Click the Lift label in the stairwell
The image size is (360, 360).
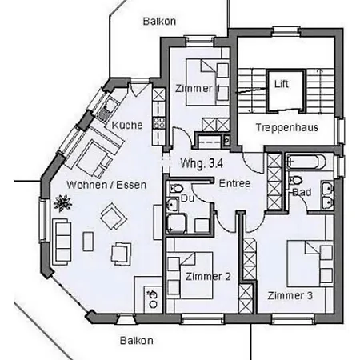(282, 84)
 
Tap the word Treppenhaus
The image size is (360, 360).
(287, 127)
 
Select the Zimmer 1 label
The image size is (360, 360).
(198, 89)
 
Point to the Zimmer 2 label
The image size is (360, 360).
(208, 277)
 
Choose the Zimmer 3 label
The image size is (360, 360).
(290, 295)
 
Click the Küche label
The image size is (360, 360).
(127, 125)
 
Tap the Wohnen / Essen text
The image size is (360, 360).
(106, 185)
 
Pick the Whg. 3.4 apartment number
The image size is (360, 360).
(202, 163)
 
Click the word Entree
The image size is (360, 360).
(234, 183)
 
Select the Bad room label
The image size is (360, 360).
(302, 192)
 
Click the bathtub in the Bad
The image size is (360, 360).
(306, 162)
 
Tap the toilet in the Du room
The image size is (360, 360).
(175, 189)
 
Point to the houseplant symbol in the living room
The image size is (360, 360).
(62, 203)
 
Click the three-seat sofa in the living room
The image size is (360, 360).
(62, 242)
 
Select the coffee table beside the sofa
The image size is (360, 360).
(88, 242)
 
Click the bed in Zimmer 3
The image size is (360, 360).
(310, 264)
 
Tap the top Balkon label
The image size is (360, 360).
(159, 22)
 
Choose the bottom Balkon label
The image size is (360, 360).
(137, 341)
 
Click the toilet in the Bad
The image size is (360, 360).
(294, 180)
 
